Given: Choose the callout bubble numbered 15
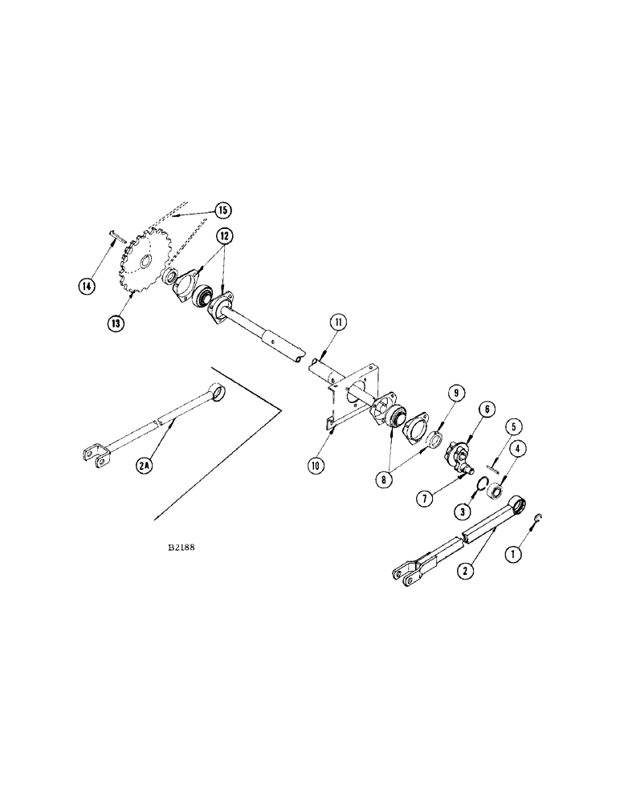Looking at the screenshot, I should pyautogui.click(x=221, y=210).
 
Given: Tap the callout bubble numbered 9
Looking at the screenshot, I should pyautogui.click(x=455, y=393).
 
